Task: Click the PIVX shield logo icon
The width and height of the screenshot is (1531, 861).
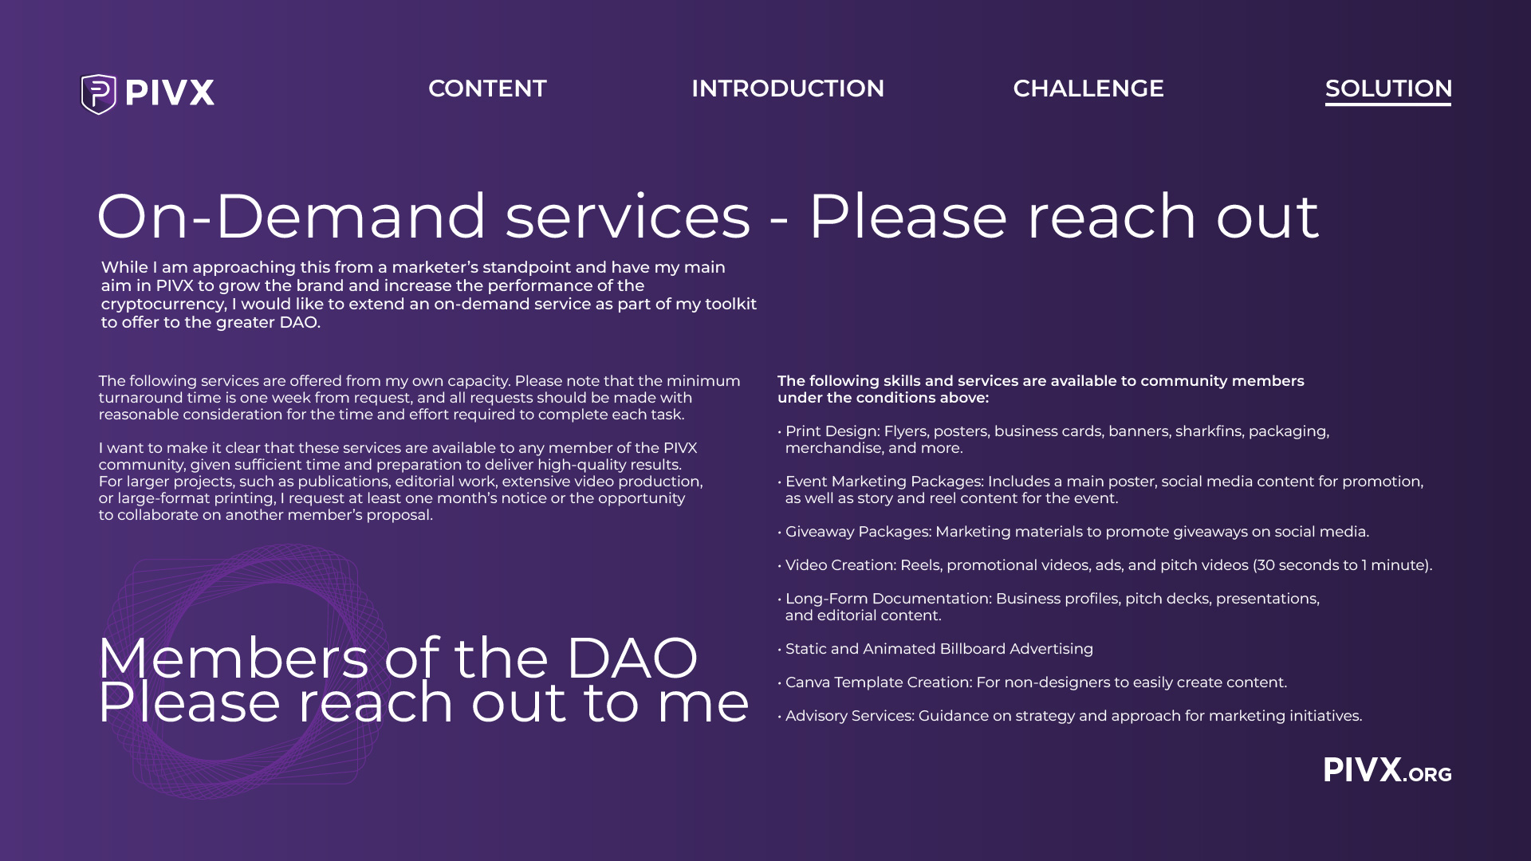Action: (99, 93)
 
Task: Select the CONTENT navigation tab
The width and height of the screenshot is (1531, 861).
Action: (487, 88)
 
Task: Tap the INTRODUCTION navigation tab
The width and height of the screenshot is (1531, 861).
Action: (787, 88)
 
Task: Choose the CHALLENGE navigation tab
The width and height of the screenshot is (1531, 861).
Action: (1088, 88)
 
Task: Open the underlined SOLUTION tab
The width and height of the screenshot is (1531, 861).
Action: (1387, 88)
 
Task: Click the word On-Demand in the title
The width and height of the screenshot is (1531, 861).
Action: (291, 217)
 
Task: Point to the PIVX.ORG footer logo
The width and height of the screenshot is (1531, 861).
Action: (1387, 771)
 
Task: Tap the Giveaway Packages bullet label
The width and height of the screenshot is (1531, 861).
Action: (858, 532)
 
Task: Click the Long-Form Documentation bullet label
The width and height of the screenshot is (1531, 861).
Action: (888, 599)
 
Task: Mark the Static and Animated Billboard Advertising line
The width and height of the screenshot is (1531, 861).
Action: (939, 649)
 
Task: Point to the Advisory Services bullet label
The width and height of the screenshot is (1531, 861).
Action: (849, 716)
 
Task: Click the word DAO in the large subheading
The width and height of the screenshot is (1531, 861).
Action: (632, 659)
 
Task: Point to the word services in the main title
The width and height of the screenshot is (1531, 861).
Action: (628, 217)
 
